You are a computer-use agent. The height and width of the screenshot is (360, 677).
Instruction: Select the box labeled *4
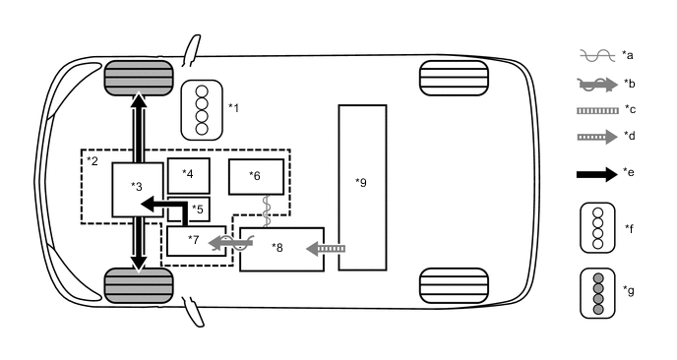[188, 175]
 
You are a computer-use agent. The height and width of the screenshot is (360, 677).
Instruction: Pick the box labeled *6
[256, 177]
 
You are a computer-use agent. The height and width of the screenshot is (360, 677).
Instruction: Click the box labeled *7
[191, 240]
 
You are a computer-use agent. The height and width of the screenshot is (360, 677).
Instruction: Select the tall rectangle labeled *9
[362, 187]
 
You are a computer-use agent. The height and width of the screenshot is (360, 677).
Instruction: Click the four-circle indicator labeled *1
[202, 108]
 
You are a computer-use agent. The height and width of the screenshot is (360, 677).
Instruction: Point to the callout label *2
[92, 159]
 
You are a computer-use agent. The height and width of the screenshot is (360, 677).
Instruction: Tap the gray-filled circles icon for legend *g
[596, 292]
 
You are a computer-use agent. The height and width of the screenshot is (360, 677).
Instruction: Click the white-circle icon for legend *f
[596, 227]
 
